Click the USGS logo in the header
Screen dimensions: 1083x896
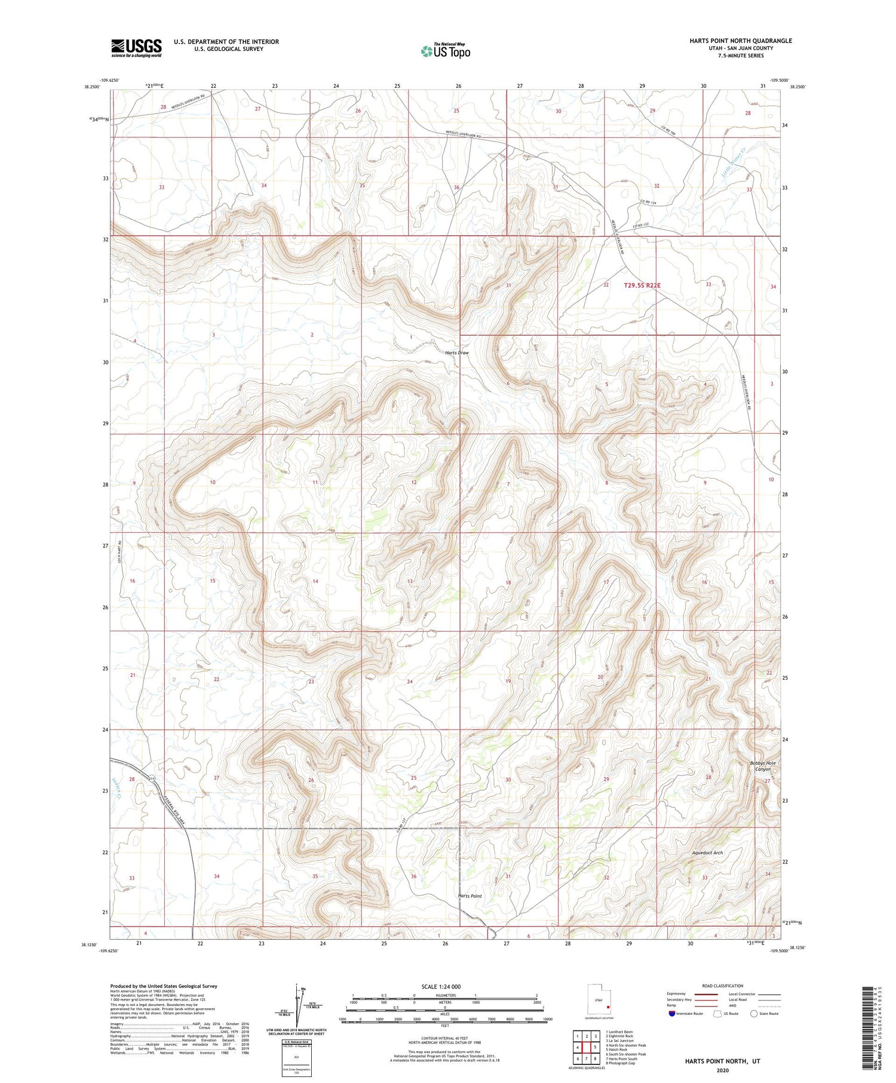pos(136,48)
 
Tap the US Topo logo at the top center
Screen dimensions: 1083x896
pos(445,51)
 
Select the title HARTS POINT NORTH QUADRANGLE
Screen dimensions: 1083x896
pos(740,41)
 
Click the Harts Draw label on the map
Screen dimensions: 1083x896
pos(457,353)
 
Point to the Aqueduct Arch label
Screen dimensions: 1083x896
pos(707,853)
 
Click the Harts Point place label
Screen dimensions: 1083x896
pos(470,896)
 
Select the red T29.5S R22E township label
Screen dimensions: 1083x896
pos(642,286)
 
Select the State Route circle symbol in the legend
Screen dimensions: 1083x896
pos(754,1014)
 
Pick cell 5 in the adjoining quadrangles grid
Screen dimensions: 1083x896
pos(595,1047)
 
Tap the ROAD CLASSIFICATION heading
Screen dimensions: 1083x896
pos(723,986)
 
